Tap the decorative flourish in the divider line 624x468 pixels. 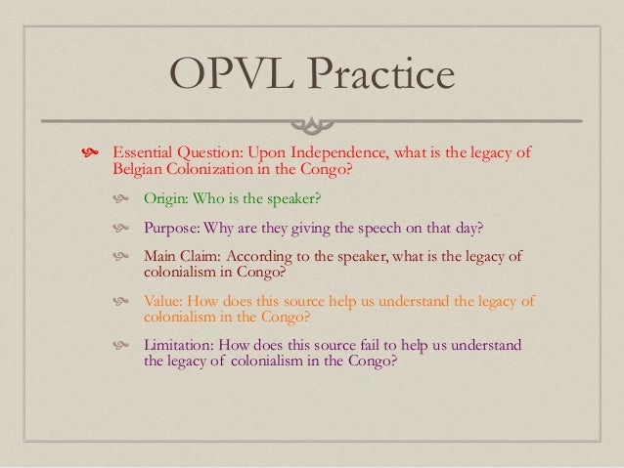point(312,122)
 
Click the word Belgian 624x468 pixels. point(138,171)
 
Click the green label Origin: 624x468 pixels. point(169,199)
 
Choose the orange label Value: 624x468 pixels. point(165,301)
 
